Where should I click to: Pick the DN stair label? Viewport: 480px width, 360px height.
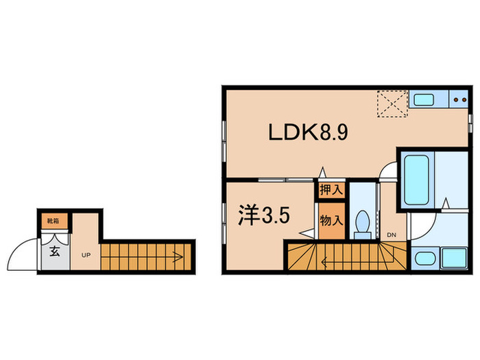pos(392,235)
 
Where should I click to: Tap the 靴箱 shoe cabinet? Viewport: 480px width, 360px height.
pos(51,221)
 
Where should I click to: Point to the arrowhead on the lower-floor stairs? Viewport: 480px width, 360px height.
pos(177,258)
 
